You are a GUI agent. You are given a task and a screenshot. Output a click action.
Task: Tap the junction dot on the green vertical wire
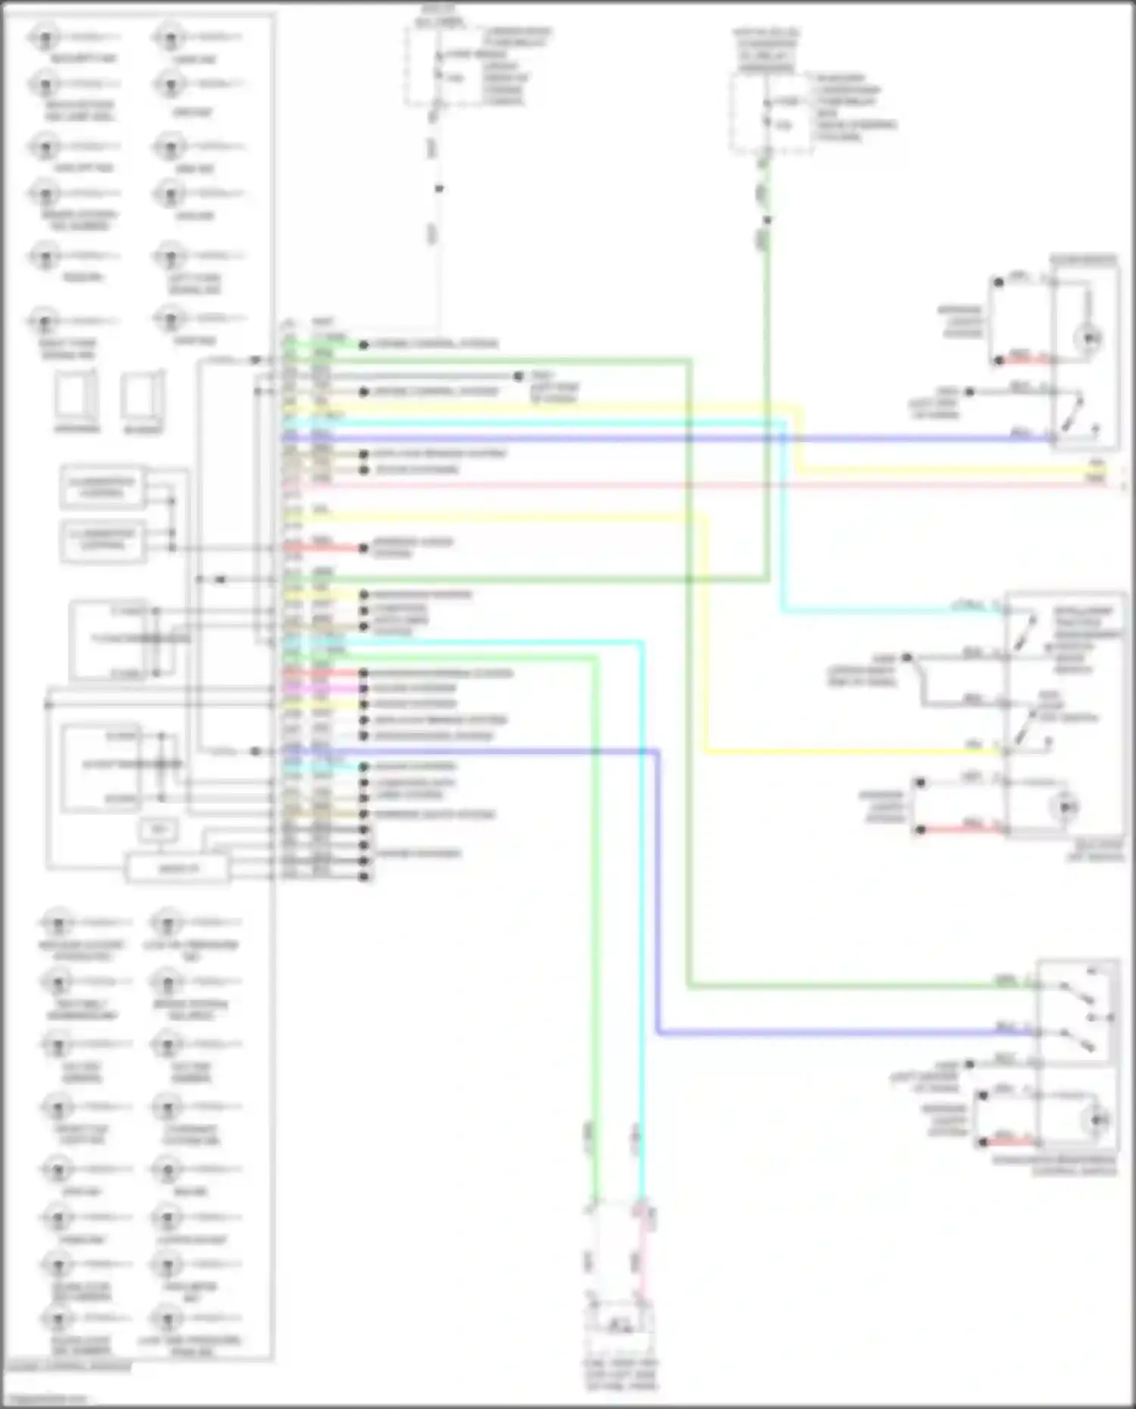[767, 220]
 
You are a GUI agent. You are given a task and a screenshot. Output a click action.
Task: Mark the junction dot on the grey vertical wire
[438, 189]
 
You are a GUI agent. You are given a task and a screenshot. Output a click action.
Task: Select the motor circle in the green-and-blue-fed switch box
[1098, 1119]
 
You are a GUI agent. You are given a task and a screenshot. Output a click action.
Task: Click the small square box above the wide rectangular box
[158, 830]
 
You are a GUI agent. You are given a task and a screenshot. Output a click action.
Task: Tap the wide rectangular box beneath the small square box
[177, 868]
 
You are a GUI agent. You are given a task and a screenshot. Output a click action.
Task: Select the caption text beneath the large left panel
[68, 1367]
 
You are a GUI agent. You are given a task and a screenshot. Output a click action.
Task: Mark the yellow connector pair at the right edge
[1096, 471]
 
